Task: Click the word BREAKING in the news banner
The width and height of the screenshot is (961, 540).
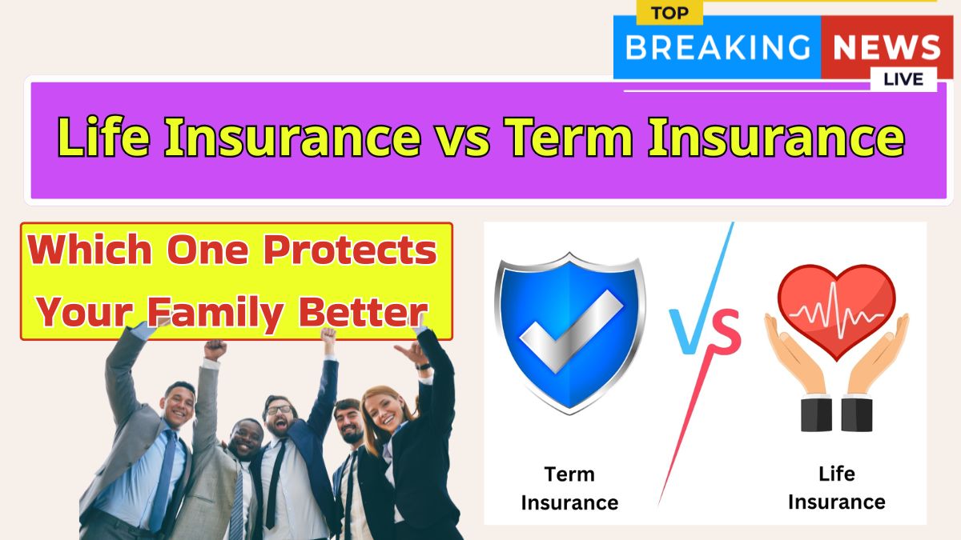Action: (718, 47)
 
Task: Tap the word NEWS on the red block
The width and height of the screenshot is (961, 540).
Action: (887, 47)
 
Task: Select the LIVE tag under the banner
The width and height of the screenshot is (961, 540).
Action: (903, 79)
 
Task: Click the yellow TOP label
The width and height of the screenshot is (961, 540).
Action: (669, 13)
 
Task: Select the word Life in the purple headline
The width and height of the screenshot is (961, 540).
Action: (103, 136)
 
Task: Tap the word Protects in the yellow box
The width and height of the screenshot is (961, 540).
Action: (350, 250)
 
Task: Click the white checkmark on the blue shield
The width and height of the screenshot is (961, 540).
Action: (571, 330)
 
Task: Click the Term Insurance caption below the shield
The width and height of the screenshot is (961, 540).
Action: (569, 489)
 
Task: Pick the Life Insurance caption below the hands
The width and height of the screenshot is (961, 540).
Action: (837, 488)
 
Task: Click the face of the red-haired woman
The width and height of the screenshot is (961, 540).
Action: (383, 410)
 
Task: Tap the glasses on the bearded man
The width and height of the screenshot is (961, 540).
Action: (279, 410)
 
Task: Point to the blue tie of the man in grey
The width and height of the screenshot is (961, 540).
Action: (164, 480)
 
